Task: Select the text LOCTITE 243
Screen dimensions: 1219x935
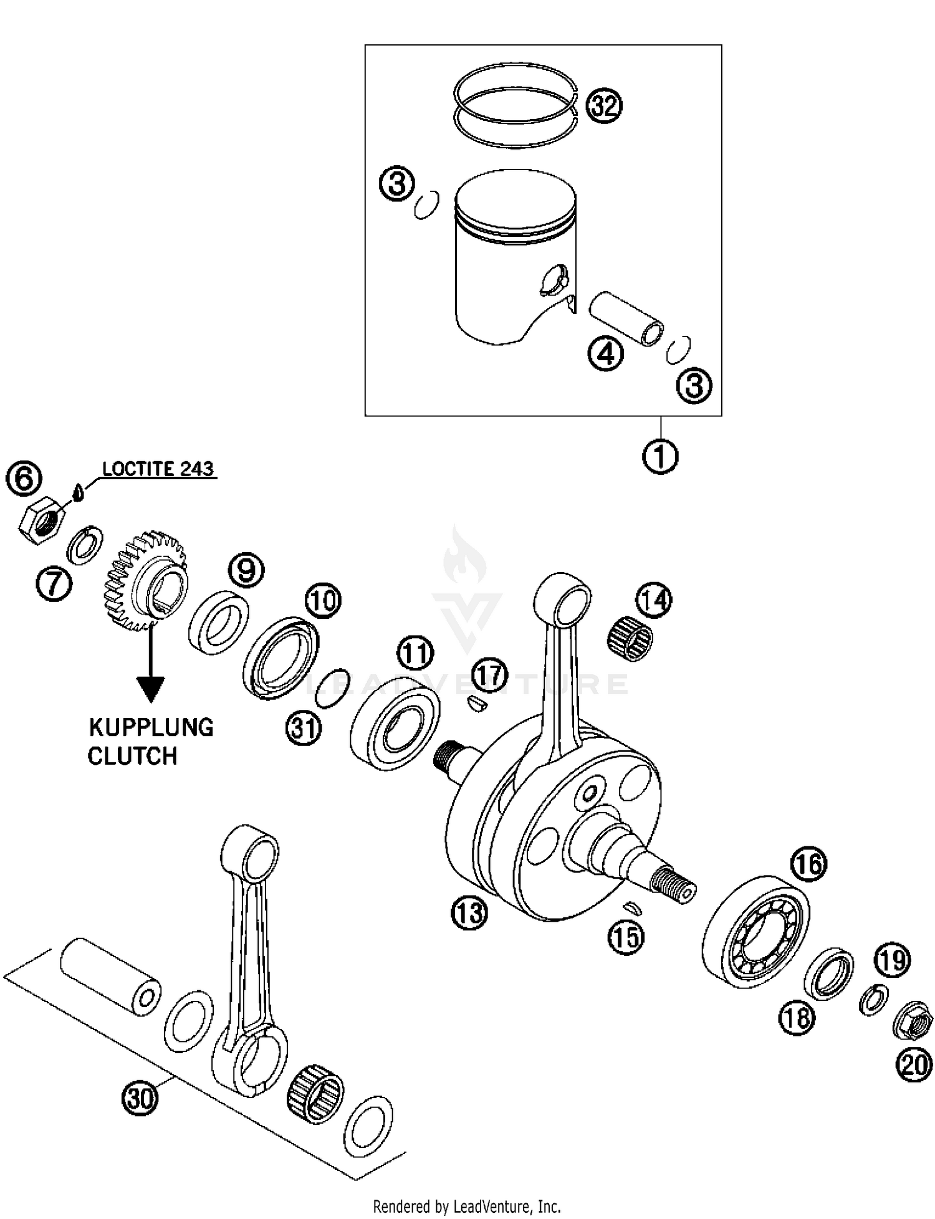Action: (x=158, y=469)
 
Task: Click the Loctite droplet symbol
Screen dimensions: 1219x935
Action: (x=77, y=492)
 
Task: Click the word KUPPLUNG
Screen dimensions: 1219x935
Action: (x=151, y=727)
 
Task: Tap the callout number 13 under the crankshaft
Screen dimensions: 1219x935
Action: (x=469, y=914)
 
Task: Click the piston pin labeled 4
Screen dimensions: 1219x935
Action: (x=626, y=318)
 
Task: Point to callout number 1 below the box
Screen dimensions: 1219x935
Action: (x=660, y=456)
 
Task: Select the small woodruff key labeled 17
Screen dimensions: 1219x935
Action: (x=478, y=704)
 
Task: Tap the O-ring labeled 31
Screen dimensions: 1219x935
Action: (x=331, y=689)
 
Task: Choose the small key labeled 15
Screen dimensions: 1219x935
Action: (x=633, y=907)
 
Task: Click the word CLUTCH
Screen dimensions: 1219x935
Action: (x=132, y=756)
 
